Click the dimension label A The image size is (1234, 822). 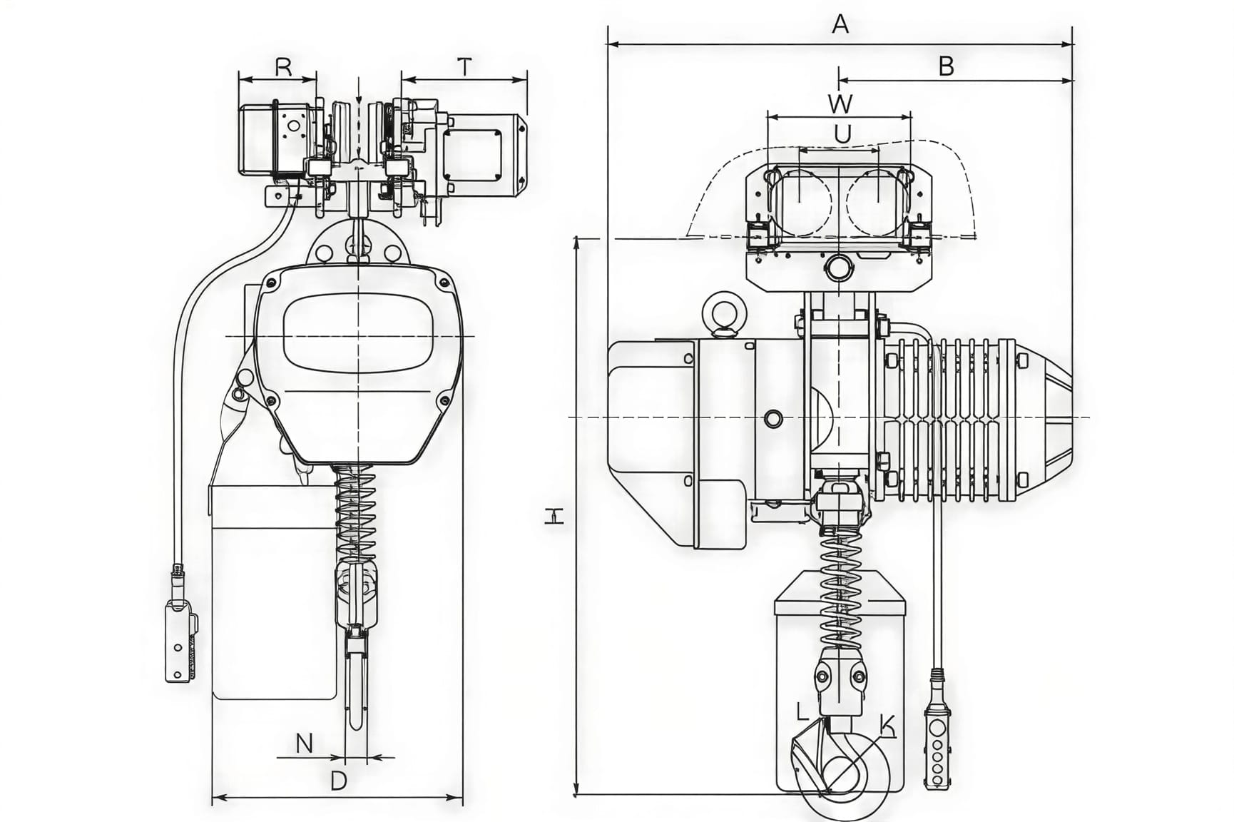pyautogui.click(x=840, y=25)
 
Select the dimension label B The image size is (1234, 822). pyautogui.click(x=946, y=66)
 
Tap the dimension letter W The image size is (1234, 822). pyautogui.click(x=840, y=103)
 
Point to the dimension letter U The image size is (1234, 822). pyautogui.click(x=842, y=134)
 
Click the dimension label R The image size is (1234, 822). pyautogui.click(x=283, y=67)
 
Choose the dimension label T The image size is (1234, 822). pyautogui.click(x=464, y=67)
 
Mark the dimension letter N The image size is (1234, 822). pyautogui.click(x=305, y=744)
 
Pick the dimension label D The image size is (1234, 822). pyautogui.click(x=339, y=781)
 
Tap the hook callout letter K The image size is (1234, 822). pyautogui.click(x=887, y=725)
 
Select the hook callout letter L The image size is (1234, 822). pyautogui.click(x=802, y=711)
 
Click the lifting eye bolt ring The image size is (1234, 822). pyautogui.click(x=723, y=313)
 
